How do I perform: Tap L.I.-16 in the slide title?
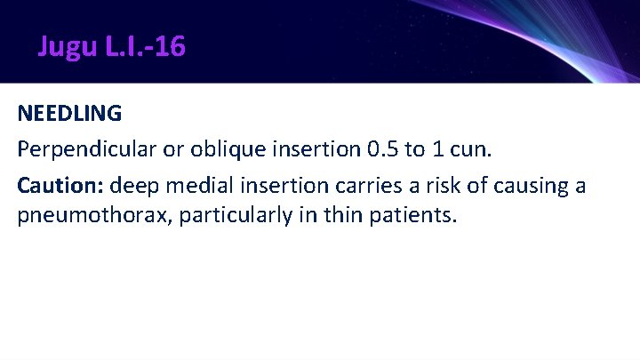pyautogui.click(x=146, y=46)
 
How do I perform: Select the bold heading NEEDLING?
pyautogui.click(x=69, y=114)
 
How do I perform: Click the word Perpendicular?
pyautogui.click(x=84, y=150)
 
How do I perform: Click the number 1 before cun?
pyautogui.click(x=436, y=150)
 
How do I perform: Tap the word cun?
pyautogui.click(x=468, y=150)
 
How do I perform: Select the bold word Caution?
pyautogui.click(x=60, y=187)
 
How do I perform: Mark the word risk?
pyautogui.click(x=428, y=187)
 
